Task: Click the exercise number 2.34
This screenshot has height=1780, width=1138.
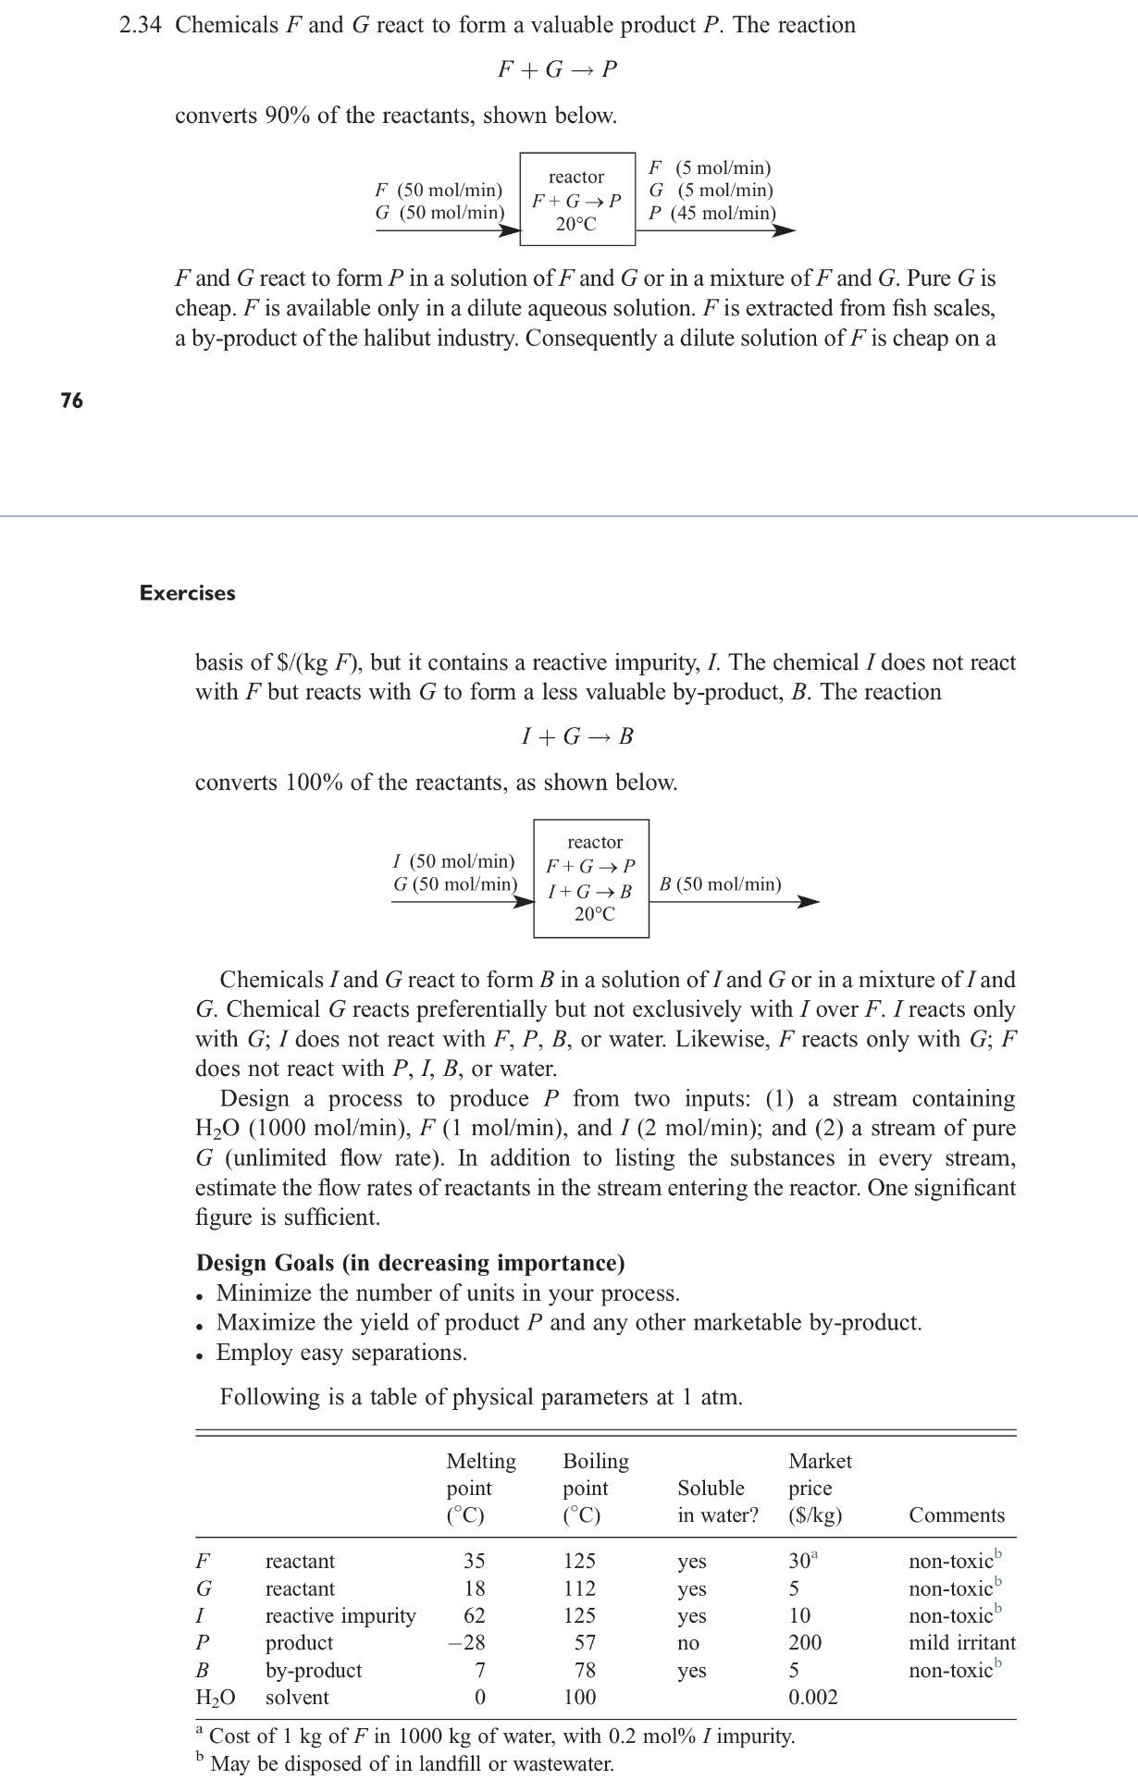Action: (x=141, y=25)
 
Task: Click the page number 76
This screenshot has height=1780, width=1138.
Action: (x=71, y=400)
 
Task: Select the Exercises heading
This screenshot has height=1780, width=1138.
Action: (x=187, y=593)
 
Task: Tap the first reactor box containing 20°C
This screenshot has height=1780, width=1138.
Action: (x=577, y=199)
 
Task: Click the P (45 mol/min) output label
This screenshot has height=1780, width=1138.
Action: (x=712, y=213)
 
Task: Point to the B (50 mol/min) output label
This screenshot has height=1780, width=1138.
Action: (x=720, y=884)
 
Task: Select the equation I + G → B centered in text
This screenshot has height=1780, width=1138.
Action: (x=577, y=736)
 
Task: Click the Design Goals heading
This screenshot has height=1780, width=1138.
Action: (x=410, y=1263)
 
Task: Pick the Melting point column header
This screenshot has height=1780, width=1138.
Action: (x=481, y=1488)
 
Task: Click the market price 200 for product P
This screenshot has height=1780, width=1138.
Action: (x=805, y=1642)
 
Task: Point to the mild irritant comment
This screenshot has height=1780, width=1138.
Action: (x=961, y=1642)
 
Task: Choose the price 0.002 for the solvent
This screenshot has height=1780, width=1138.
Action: (x=812, y=1697)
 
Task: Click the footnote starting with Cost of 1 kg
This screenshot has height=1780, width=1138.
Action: (x=500, y=1736)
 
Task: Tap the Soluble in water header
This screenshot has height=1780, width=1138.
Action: (x=717, y=1502)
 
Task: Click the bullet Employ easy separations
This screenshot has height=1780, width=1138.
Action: (x=341, y=1353)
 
